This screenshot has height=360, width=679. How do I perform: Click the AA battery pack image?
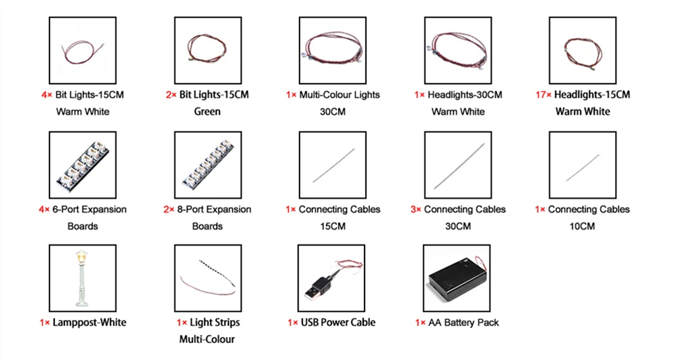click(x=457, y=278)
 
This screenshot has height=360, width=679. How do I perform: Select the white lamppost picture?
click(x=82, y=277)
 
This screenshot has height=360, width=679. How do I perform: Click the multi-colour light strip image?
click(x=207, y=277)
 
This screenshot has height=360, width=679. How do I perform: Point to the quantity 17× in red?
click(x=543, y=94)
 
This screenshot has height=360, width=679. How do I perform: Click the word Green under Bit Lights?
click(x=207, y=111)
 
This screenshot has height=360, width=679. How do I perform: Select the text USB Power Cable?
click(x=337, y=322)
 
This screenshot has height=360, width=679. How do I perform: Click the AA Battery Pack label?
click(x=464, y=322)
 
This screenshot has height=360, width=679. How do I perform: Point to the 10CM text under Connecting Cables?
click(x=582, y=226)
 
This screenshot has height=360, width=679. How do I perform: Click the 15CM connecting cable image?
click(x=332, y=164)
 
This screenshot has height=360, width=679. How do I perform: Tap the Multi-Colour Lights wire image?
click(x=332, y=50)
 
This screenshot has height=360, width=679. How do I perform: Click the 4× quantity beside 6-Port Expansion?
click(x=44, y=209)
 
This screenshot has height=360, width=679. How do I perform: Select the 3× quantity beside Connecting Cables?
click(x=416, y=209)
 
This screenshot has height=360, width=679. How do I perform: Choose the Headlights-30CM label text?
click(x=465, y=94)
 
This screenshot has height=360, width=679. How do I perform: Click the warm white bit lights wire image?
click(x=82, y=50)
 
